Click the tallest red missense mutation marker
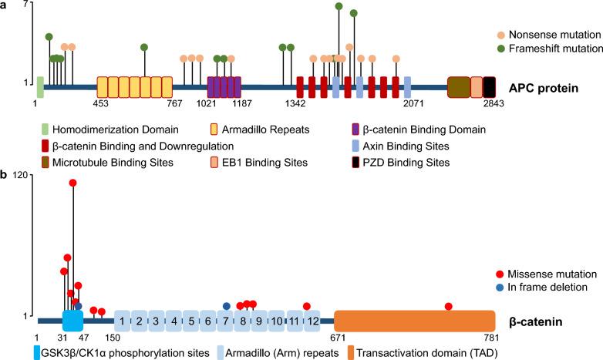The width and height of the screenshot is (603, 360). click(73, 183)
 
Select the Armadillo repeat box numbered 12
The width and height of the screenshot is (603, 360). click(311, 321)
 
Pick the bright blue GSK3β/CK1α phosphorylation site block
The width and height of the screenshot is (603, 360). click(72, 321)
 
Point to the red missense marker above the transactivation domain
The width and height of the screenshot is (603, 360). click(449, 306)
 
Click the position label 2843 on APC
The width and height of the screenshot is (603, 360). click(494, 103)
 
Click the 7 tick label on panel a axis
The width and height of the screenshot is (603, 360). click(26, 5)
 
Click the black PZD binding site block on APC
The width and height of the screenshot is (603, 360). click(489, 87)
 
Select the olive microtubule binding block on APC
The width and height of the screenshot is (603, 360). click(458, 87)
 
